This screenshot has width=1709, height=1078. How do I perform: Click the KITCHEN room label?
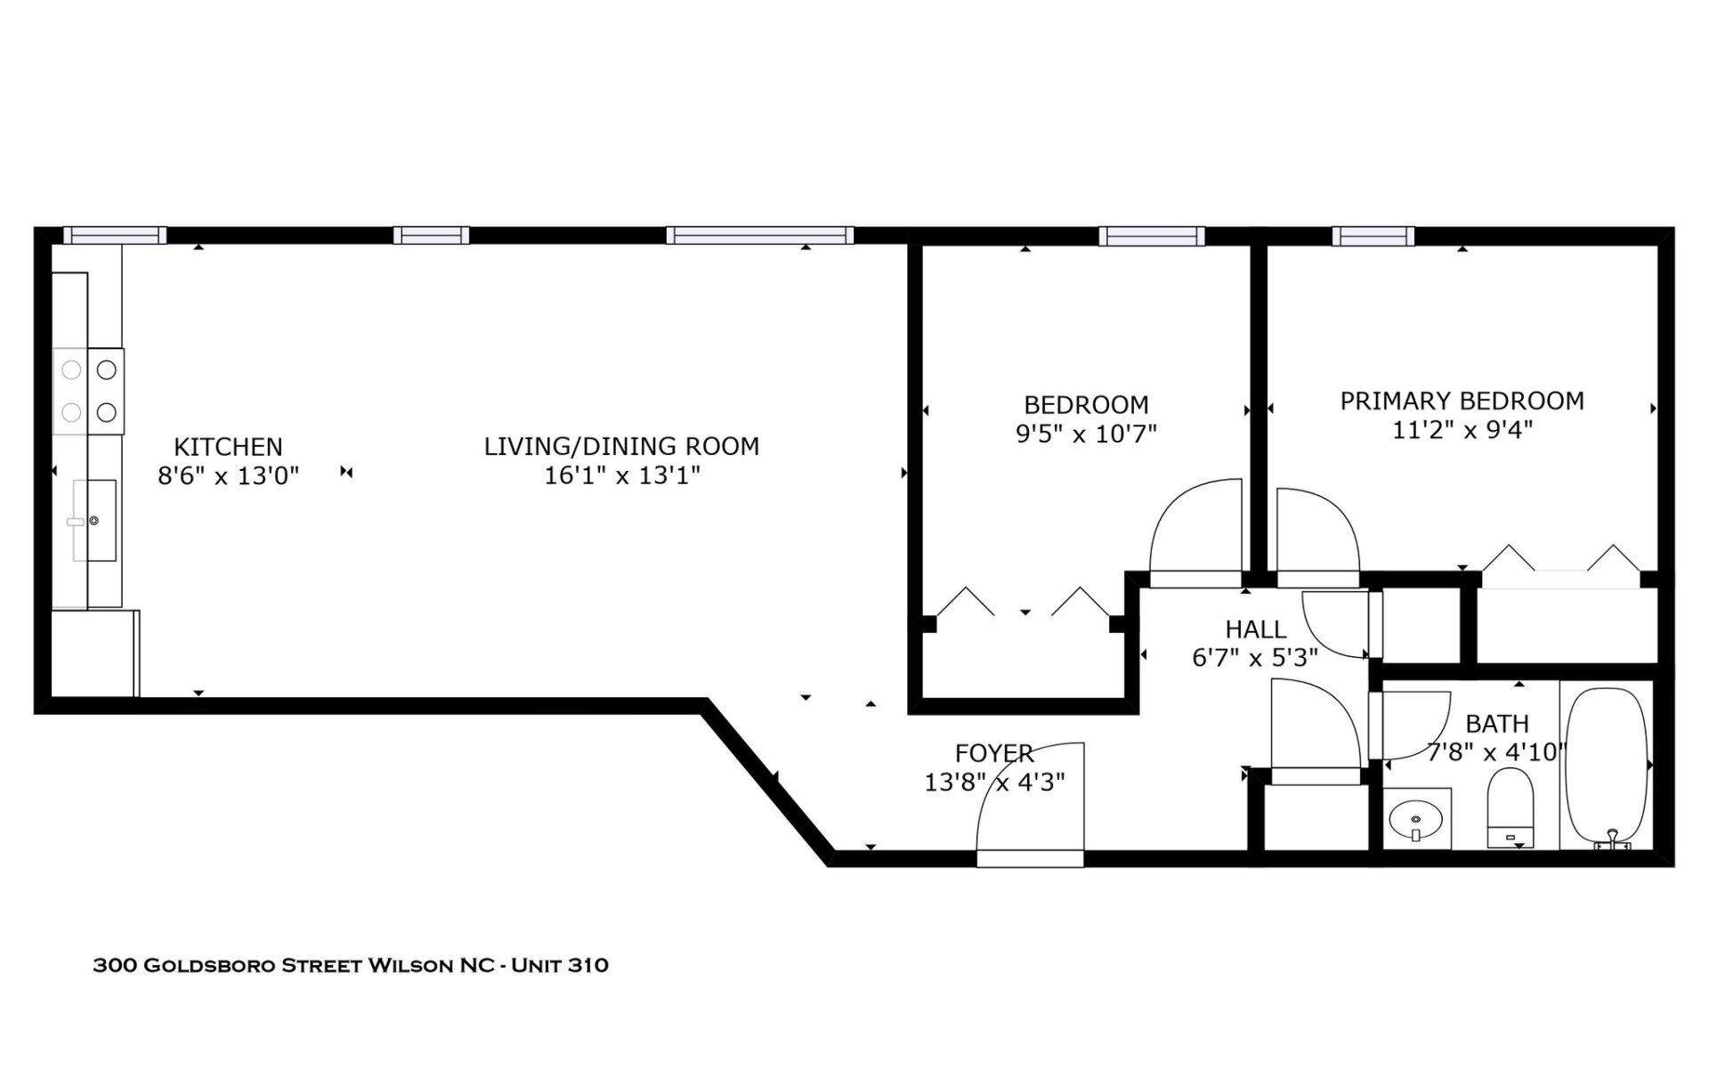point(228,447)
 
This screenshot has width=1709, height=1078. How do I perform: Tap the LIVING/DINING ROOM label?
point(621,447)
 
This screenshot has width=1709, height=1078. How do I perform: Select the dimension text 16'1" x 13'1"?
point(621,476)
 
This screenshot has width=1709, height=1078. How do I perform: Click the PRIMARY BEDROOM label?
point(1462,401)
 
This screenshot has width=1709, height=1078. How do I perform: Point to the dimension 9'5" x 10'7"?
point(1086,434)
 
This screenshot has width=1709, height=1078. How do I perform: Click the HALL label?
point(1255,629)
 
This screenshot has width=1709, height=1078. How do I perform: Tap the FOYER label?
point(994,753)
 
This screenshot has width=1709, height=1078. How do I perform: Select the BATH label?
point(1497,724)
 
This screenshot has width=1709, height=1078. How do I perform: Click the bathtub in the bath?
point(1607,766)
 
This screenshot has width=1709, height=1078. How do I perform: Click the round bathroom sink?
point(1416,818)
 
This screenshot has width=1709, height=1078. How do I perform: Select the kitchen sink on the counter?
point(93,520)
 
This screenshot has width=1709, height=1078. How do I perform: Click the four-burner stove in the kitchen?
point(89,392)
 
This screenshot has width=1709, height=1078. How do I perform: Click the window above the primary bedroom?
point(1373,236)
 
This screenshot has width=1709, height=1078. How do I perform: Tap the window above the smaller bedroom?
point(1151,236)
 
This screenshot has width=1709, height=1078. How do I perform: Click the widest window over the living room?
point(759,236)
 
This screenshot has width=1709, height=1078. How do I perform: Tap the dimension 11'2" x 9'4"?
point(1462,431)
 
